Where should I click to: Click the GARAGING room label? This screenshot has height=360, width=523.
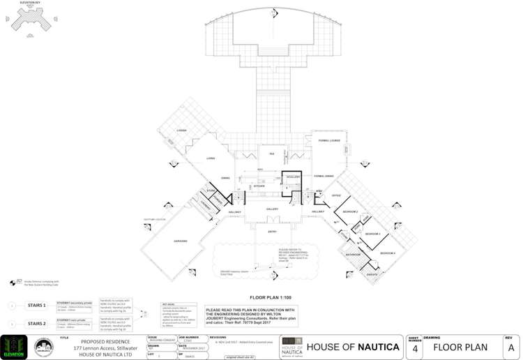pos(181,241)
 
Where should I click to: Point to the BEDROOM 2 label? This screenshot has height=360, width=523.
pos(349,211)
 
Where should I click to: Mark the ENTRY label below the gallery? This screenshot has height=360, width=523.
pos(272,232)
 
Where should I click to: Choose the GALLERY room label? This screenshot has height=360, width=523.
pos(272,209)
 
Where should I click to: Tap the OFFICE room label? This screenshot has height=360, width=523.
pos(336,195)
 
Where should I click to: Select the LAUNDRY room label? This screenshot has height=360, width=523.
pos(205,203)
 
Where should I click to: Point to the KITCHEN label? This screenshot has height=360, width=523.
pos(259,186)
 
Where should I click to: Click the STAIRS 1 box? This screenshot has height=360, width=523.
pos(36,306)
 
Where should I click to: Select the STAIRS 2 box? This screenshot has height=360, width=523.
pos(36,324)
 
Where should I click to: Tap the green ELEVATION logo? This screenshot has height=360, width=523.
pos(14,347)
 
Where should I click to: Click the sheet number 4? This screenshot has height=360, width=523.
pos(415,348)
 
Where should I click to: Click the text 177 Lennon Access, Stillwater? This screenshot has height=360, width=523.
pos(102,347)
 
